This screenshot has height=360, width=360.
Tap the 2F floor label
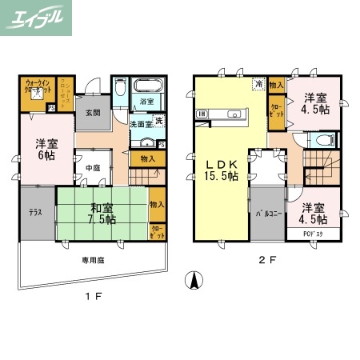[x=266, y=260]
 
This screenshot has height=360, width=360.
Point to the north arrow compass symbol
[x=191, y=282]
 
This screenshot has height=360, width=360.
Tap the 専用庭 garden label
[x=94, y=260]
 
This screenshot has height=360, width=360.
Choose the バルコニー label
[x=267, y=214]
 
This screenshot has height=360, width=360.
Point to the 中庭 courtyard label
[x=93, y=168]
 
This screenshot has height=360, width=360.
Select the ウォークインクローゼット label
[x=37, y=88]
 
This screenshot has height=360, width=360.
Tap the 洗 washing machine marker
[x=158, y=121]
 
